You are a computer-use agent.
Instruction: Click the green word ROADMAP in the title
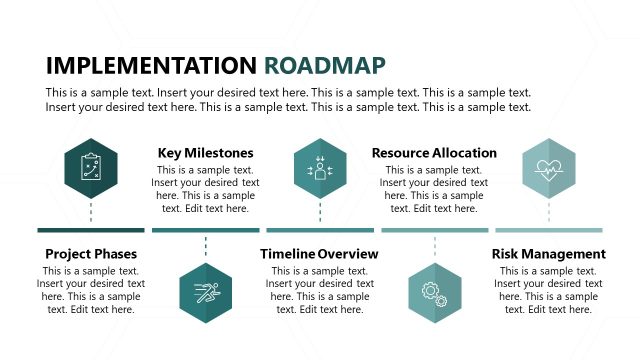coord(325,66)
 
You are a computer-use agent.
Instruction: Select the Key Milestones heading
coord(205,153)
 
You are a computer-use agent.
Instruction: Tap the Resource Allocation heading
coord(434,153)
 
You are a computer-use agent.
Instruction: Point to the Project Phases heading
coord(91,254)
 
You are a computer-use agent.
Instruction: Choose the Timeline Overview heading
coord(319,254)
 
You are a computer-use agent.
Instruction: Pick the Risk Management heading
coord(548,254)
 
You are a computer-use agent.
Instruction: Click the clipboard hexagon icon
coord(91,167)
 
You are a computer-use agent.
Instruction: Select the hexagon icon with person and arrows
coord(320,167)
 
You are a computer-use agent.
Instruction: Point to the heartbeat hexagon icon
coord(549,167)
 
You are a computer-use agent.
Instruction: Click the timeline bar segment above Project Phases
coord(91,230)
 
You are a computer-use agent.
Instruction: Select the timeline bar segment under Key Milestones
coord(205,230)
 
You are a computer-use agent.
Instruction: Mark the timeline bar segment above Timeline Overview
coord(320,230)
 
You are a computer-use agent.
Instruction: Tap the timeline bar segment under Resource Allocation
coord(434,230)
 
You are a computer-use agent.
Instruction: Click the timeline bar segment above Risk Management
coord(549,230)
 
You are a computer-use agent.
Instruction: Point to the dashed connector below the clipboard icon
coord(91,212)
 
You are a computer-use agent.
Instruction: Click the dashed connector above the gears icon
coord(434,248)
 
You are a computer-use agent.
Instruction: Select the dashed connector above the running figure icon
coord(205,248)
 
